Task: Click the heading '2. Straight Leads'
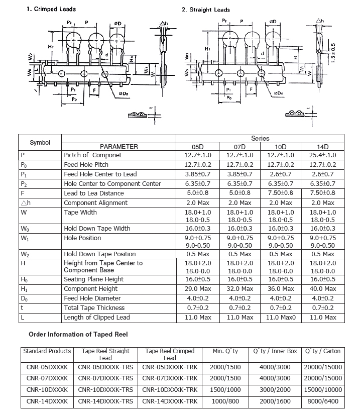pos(206,10)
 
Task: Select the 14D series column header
pos(322,147)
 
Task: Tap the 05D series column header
pos(197,147)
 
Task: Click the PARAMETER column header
pos(118,147)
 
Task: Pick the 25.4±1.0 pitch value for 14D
pos(322,155)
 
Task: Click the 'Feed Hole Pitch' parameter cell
pos(86,165)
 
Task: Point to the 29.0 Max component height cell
pos(197,289)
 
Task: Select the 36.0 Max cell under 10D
pos(281,289)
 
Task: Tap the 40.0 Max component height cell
pos(322,289)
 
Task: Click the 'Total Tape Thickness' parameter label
pos(94,308)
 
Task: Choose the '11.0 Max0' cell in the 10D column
pos(281,318)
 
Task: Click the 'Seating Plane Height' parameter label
pos(93,279)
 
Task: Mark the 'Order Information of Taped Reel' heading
pos(78,334)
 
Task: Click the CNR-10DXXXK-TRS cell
pos(106,390)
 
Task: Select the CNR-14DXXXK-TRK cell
pos(170,401)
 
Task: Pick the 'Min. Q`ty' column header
pos(225,351)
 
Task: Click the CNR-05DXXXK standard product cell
pos(47,367)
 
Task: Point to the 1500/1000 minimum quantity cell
pos(225,390)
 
